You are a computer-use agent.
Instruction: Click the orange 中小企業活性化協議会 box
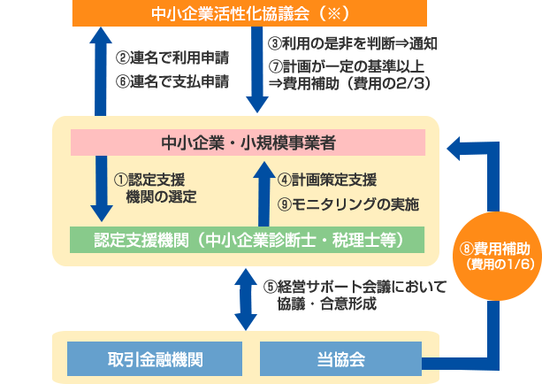248,13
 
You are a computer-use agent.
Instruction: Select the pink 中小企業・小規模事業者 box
248,142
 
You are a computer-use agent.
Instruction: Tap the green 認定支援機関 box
248,239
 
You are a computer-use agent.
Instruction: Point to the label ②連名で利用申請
172,59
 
